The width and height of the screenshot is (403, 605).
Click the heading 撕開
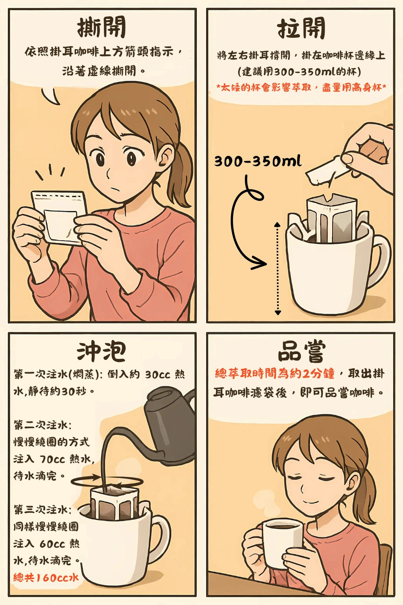pos(102,28)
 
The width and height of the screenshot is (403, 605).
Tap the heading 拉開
pos(301,28)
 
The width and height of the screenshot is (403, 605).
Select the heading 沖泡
pos(102,351)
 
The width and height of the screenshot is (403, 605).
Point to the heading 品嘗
pos(301,351)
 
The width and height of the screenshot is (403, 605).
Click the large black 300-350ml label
pos(258,161)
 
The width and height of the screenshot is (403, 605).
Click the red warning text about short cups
pos(301,87)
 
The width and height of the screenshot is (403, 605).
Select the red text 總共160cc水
pos(46,577)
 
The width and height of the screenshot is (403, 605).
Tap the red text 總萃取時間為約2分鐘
pos(274,373)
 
